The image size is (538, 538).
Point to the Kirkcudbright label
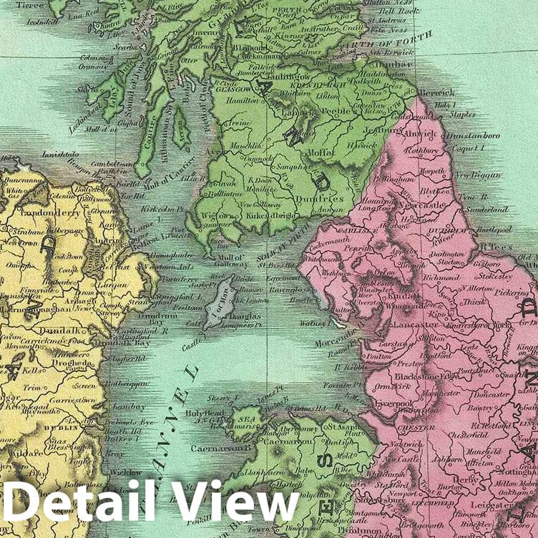(x=272, y=215)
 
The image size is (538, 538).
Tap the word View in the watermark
(x=236, y=501)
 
